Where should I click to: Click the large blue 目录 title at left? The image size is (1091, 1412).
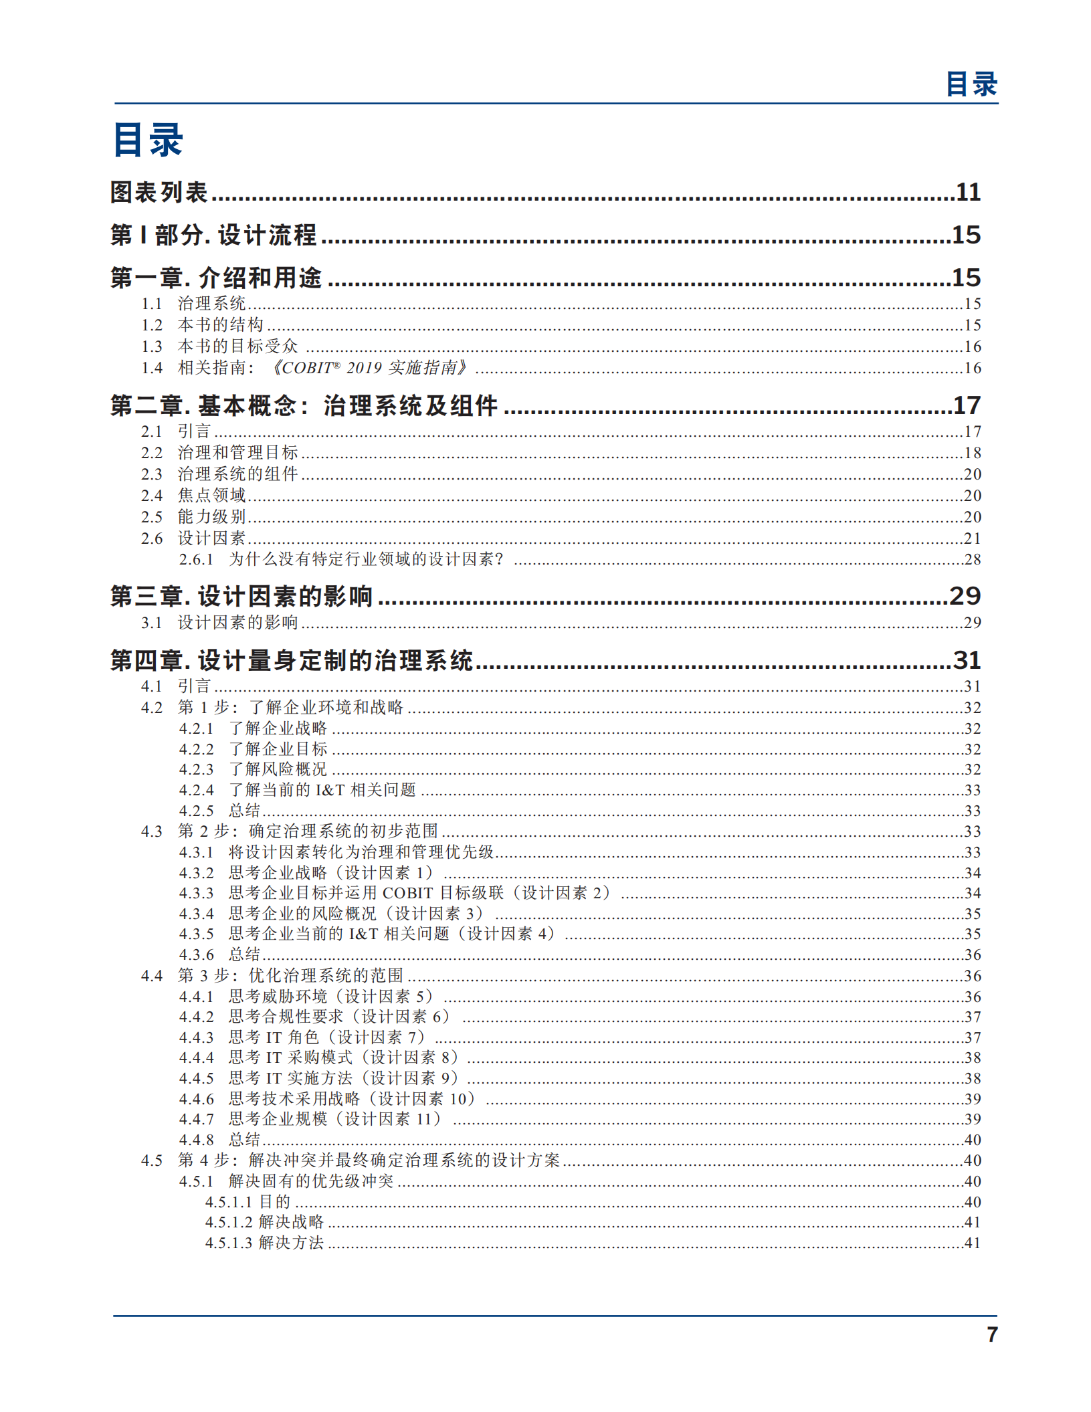point(148,140)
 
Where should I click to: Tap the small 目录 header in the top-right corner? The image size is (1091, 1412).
point(971,85)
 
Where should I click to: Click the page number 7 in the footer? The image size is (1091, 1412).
point(992,1334)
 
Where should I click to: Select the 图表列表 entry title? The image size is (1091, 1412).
point(159,193)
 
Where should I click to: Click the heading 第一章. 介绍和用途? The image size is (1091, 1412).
point(216,278)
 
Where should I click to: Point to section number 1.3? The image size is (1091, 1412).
point(152,346)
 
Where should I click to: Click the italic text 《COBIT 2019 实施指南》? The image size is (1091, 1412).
point(369,368)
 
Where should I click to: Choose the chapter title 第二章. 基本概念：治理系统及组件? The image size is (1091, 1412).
point(304,405)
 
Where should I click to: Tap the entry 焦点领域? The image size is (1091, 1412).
point(211,496)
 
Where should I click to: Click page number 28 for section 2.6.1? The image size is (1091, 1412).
point(972,559)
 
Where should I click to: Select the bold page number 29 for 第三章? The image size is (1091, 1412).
point(965,596)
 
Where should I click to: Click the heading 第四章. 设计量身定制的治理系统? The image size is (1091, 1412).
point(292,660)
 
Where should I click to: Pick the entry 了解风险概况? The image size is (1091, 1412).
point(278,769)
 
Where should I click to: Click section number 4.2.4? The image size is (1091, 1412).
point(196,790)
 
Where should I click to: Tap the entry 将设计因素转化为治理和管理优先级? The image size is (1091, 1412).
point(361,852)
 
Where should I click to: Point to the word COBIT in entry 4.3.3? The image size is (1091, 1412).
point(407,893)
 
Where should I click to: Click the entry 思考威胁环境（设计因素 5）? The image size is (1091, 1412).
point(331,997)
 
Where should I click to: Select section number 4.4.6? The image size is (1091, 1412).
point(196,1099)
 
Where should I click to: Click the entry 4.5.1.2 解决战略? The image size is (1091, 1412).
point(264,1222)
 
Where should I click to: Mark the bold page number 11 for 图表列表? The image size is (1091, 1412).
point(968,193)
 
